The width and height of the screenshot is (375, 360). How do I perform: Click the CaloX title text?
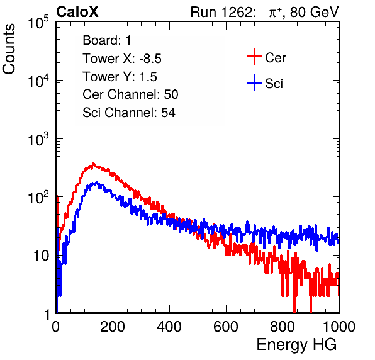coord(77,12)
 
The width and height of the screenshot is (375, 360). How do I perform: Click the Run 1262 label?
coord(221,12)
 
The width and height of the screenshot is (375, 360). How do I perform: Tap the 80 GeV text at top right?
coord(314,12)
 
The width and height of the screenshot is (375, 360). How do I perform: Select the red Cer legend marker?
coord(254,57)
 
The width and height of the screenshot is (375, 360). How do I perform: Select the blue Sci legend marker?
coord(254,82)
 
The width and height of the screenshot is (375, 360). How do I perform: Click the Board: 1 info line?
coord(107,40)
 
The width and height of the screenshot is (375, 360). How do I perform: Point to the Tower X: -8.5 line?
coord(122,59)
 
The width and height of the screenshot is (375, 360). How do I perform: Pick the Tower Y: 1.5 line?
coord(120,77)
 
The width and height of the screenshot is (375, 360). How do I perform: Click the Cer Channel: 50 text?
coord(130,94)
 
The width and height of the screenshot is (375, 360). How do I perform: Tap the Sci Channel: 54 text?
coord(129,113)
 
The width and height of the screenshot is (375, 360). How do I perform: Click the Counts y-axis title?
coord(9,49)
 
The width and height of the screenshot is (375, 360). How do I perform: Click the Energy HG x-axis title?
coord(296,345)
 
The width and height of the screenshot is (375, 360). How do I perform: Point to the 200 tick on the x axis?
coord(113,327)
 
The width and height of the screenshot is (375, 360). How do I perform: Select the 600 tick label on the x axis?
coord(226,327)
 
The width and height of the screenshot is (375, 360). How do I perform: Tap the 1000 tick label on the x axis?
coord(339,327)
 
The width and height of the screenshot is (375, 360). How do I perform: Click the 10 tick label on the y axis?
coord(42,256)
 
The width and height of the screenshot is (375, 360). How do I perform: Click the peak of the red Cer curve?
coord(93,164)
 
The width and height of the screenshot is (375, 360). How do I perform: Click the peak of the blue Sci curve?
coord(96,183)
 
